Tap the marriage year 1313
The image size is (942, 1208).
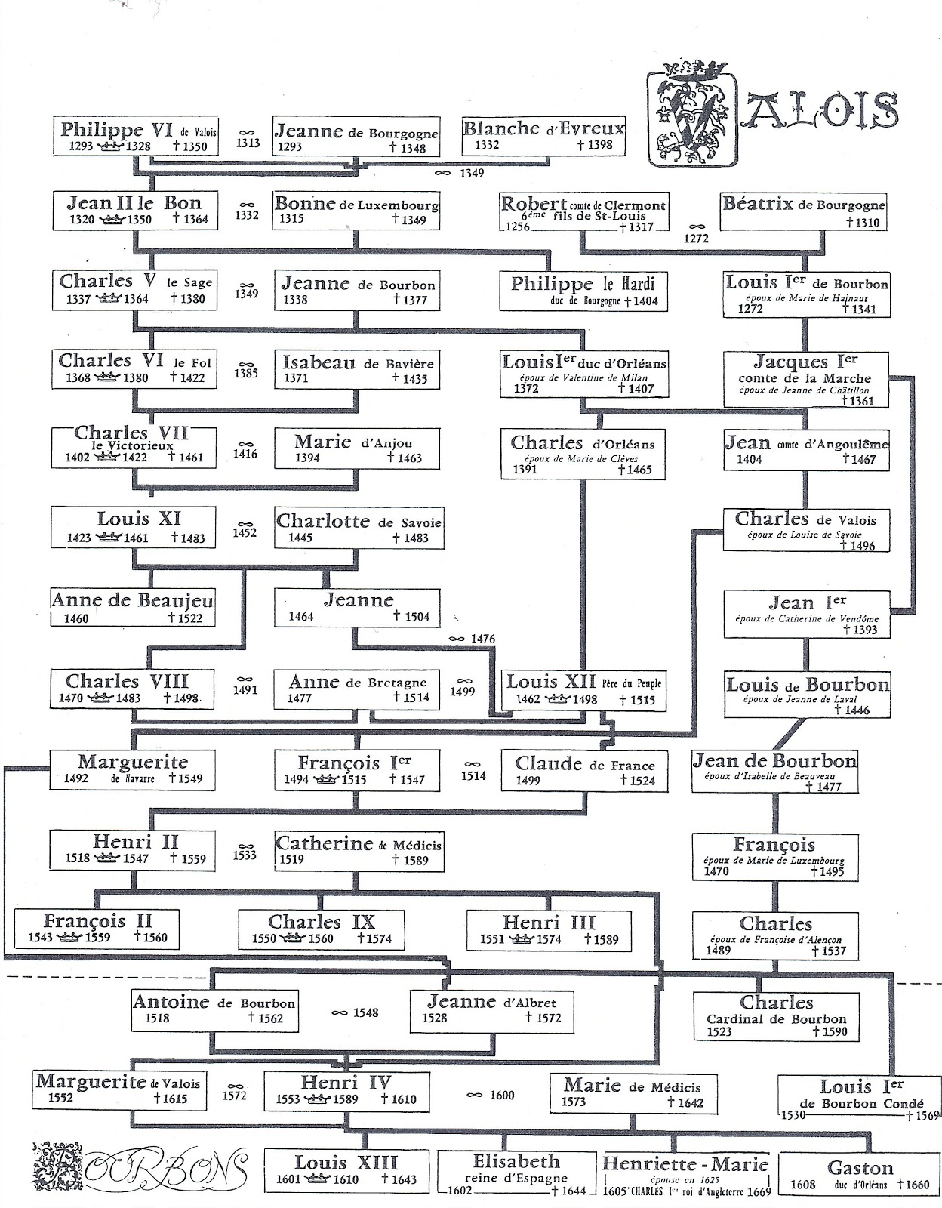click(248, 143)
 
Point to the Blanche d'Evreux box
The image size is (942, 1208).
click(543, 136)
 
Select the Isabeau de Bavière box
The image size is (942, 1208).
click(358, 369)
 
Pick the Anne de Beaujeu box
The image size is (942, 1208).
click(133, 608)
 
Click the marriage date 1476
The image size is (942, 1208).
click(482, 639)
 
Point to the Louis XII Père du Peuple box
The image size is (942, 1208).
click(583, 689)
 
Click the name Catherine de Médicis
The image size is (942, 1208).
click(358, 843)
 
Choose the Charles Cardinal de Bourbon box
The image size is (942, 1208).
click(777, 1015)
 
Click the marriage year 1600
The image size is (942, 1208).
click(501, 1096)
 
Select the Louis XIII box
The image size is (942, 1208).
click(346, 1171)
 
